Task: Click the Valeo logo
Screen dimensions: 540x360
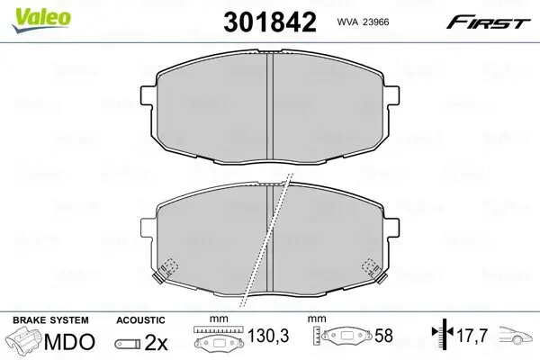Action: click(x=41, y=20)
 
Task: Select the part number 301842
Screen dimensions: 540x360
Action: click(x=270, y=22)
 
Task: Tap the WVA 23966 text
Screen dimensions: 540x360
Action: click(x=363, y=22)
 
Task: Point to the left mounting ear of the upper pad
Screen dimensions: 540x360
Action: click(x=148, y=94)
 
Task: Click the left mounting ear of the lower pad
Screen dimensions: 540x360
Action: click(x=148, y=228)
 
